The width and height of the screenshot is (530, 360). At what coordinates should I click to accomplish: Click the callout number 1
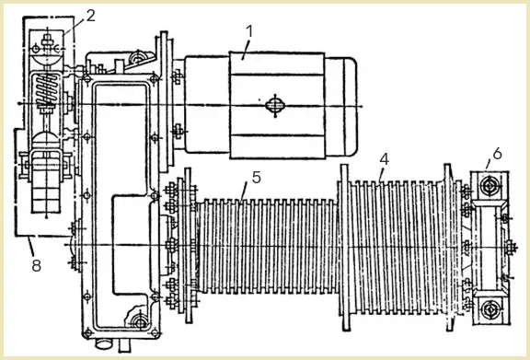(x=249, y=31)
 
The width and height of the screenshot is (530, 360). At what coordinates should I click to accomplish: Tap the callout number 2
(x=90, y=16)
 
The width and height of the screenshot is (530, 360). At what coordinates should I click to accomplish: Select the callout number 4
(x=384, y=159)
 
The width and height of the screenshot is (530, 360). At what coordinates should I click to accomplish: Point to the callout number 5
(x=257, y=178)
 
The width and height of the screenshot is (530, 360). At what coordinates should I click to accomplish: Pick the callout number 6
(x=497, y=154)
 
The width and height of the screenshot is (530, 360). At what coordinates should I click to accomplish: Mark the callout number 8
(x=37, y=265)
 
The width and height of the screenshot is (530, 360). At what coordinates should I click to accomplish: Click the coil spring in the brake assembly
(x=47, y=89)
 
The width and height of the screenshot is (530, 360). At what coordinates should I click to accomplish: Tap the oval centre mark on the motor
(x=275, y=105)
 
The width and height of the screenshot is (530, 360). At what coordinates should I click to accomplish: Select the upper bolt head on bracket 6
(x=490, y=186)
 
